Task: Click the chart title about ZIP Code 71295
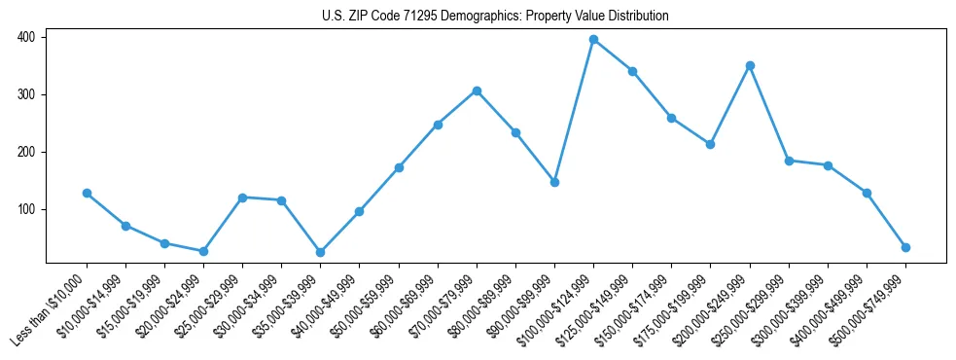coord(495,17)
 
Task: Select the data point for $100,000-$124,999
coord(593,40)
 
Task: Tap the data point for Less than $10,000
coord(87,193)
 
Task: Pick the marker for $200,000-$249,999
coord(750,65)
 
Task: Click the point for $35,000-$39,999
coord(320,252)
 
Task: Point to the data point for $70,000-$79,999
coord(477,90)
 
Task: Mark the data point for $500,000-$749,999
coord(905,247)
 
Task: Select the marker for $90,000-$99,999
coord(554,182)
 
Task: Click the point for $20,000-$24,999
coord(203,251)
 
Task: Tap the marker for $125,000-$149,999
coord(632,71)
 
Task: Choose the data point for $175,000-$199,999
coord(710,144)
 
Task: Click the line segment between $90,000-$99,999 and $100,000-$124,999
coord(574,111)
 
